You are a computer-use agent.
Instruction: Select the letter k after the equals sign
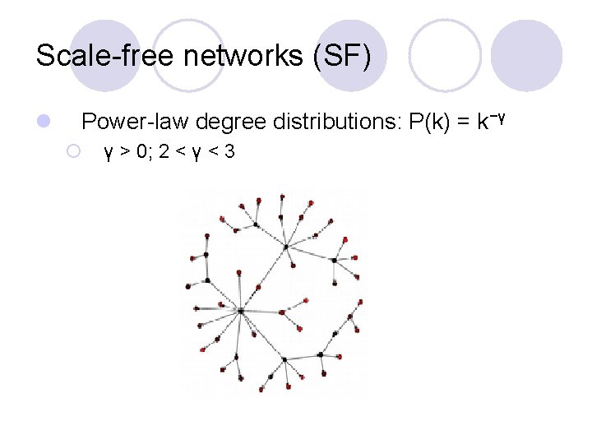481,123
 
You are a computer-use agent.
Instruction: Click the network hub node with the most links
241,311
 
